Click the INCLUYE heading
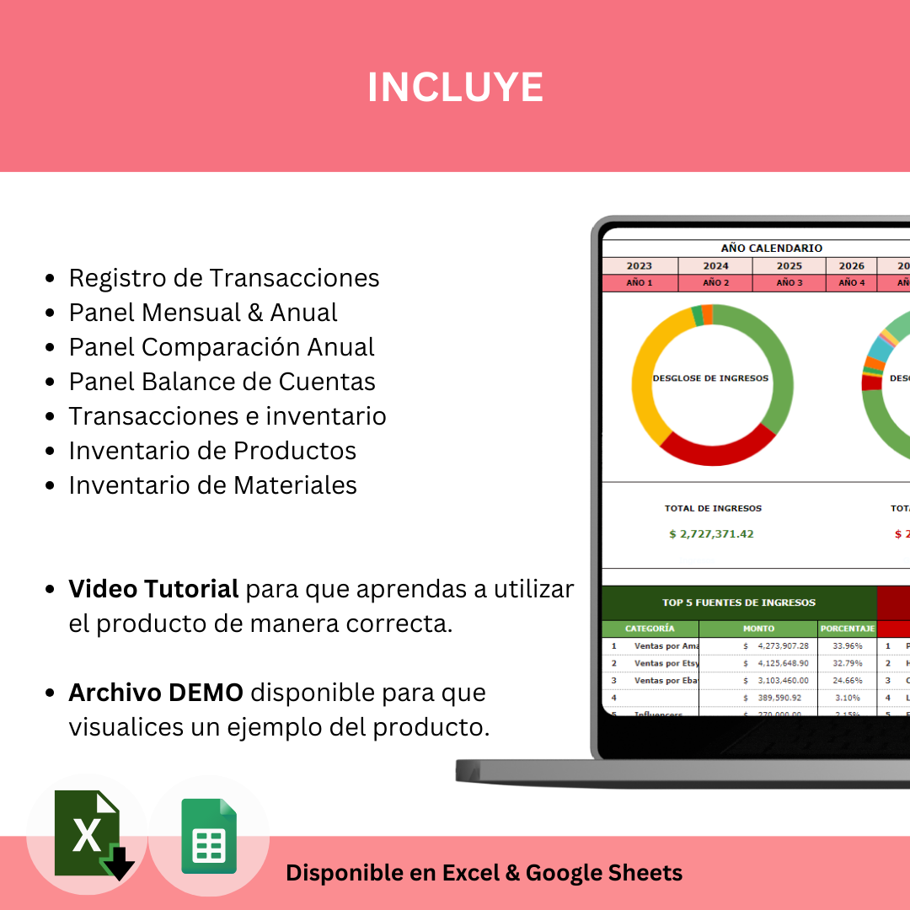coord(455,87)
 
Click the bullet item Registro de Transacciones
coord(223,278)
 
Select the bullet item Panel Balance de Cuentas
coord(222,382)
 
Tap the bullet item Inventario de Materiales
coord(212,485)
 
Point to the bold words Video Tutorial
coord(153,589)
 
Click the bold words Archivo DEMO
coord(156,693)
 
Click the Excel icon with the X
coord(87,834)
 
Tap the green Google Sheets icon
coord(209,836)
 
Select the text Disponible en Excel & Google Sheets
coord(484,873)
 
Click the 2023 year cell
coord(639,265)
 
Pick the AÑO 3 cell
coord(790,283)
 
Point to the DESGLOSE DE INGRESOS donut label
coord(710,378)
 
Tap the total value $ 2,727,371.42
coord(711,533)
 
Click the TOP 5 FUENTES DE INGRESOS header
coord(738,602)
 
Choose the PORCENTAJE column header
coord(847,629)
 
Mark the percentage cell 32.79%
coord(847,663)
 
